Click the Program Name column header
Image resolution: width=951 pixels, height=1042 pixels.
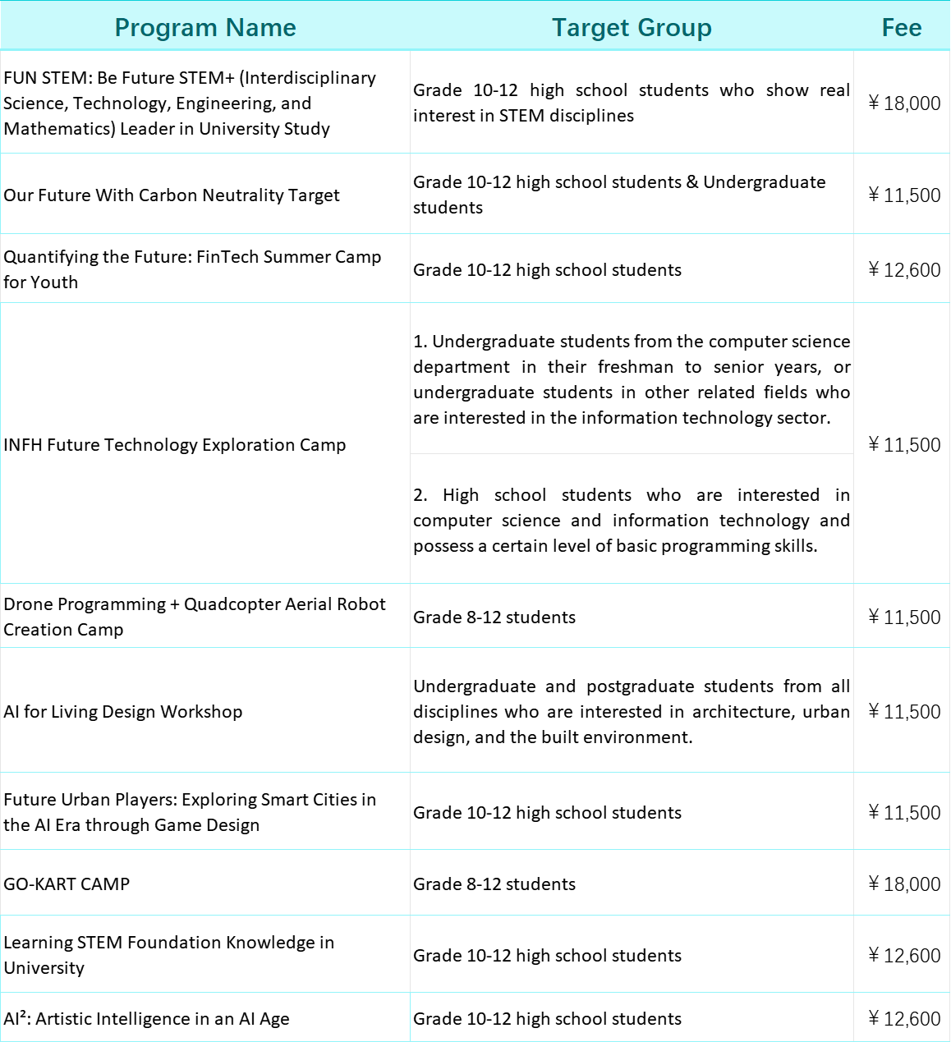[205, 27]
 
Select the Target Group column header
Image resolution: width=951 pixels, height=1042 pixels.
[632, 27]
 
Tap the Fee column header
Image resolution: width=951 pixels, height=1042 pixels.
[901, 27]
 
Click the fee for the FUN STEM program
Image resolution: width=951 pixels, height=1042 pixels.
[904, 103]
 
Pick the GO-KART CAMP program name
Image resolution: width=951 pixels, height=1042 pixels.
[67, 884]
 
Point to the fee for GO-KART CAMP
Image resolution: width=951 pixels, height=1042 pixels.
[904, 884]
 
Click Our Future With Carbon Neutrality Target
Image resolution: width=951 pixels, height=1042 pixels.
[172, 195]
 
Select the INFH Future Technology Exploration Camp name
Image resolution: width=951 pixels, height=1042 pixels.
[175, 445]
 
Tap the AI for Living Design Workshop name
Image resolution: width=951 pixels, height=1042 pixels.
[123, 712]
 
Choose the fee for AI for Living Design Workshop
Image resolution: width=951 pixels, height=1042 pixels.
[904, 712]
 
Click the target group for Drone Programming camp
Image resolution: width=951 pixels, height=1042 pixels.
[494, 617]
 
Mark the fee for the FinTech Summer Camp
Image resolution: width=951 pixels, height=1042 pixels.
[904, 270]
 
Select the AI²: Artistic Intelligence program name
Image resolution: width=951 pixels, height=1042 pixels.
[146, 1019]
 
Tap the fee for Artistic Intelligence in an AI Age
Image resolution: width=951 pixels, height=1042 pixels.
[904, 1019]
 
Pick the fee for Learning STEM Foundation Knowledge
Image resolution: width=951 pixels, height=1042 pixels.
[904, 956]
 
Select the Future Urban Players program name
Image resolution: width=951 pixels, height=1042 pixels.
[190, 812]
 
